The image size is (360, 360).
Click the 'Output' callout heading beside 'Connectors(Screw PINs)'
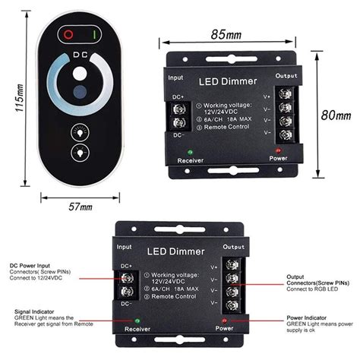point(297,277)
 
